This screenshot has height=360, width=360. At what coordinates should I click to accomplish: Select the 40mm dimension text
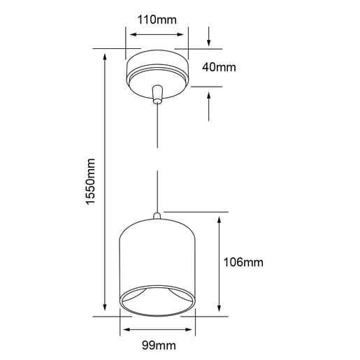click(219, 68)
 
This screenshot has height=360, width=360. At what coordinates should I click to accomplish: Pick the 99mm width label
click(158, 345)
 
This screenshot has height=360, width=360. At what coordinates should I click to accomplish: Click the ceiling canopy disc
click(157, 67)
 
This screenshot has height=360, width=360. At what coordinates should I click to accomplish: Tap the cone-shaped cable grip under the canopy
click(157, 94)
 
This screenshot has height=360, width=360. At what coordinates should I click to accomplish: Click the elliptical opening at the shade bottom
click(158, 303)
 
